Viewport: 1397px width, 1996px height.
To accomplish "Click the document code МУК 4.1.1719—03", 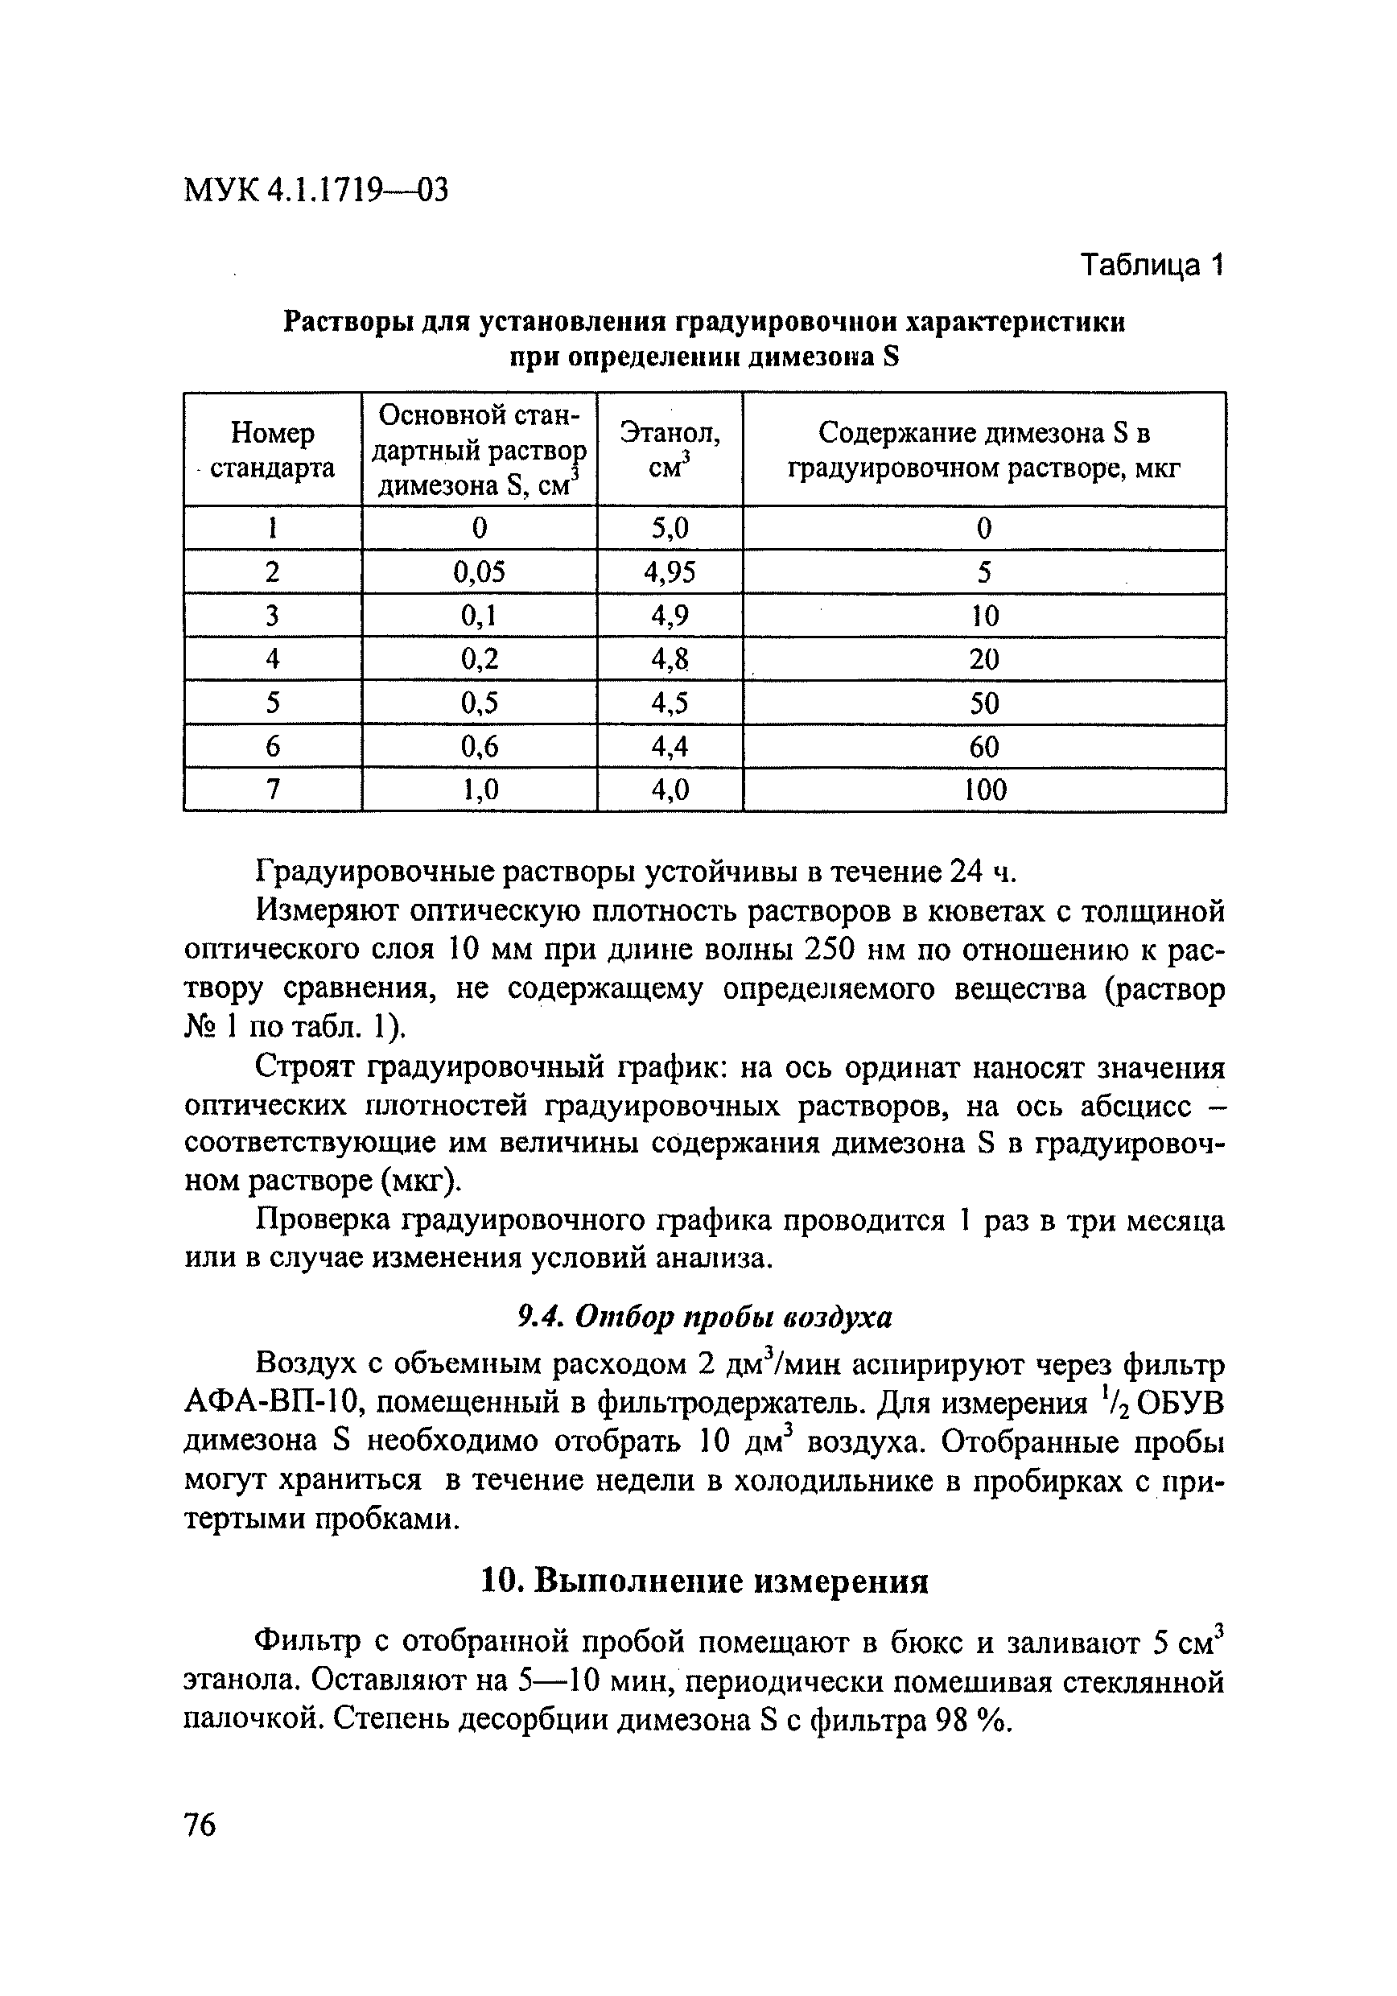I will click(x=316, y=188).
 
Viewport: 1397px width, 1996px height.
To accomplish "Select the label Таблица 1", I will click(x=1151, y=264).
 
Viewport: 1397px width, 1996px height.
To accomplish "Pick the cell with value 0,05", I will click(x=479, y=571).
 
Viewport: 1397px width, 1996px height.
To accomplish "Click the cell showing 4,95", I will click(x=670, y=571).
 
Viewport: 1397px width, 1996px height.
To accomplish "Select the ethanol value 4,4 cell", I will click(x=670, y=746).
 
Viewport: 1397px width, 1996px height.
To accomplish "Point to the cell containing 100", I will click(x=985, y=790).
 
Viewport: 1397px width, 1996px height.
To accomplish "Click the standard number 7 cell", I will click(x=273, y=790).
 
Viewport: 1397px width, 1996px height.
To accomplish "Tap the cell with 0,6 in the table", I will click(x=479, y=746).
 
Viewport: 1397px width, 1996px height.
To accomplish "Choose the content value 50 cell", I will click(x=984, y=703).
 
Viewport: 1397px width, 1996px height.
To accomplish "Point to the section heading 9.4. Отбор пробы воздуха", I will click(x=704, y=1318).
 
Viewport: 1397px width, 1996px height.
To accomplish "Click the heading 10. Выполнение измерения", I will click(x=704, y=1582).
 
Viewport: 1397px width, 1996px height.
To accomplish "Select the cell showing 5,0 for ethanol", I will click(x=670, y=528).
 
